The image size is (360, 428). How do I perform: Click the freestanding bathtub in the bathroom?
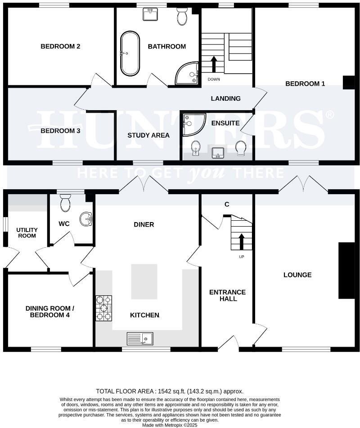point(130,53)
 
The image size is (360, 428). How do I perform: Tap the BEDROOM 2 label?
point(60,46)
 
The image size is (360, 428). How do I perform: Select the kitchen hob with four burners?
point(103,308)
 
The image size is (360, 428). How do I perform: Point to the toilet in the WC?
point(65,203)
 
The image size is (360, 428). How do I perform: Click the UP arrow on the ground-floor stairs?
point(241,241)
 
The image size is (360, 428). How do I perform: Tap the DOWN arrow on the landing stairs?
point(214,64)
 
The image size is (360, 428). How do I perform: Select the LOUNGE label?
point(297,275)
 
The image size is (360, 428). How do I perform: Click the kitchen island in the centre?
point(144,282)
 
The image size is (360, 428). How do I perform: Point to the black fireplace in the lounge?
point(346,270)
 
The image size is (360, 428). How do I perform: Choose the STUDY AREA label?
point(148,135)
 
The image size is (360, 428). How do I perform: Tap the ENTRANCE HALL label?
point(227,295)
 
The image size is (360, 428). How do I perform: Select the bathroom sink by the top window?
point(150,15)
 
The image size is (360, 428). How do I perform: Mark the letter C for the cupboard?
point(227,205)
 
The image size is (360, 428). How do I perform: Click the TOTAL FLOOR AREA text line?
point(170,391)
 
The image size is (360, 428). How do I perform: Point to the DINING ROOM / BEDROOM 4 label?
point(49,312)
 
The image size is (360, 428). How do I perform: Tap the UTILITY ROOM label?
point(27,232)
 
